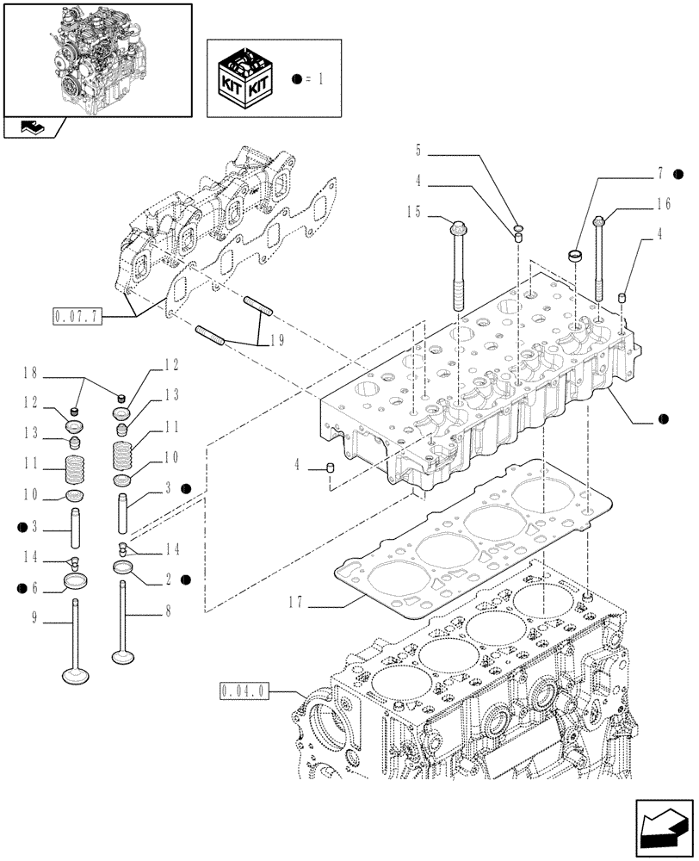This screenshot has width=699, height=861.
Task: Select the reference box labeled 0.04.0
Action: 245,691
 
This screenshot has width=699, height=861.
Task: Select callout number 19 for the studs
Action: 276,340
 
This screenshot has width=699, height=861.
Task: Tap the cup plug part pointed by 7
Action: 576,256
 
